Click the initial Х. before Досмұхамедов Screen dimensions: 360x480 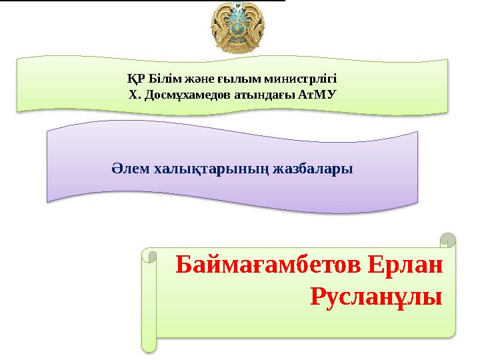click(x=132, y=94)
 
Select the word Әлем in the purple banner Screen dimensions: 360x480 click(x=131, y=168)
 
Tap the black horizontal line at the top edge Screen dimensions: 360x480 click(x=143, y=1)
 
